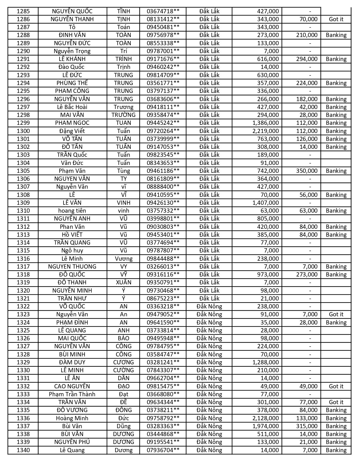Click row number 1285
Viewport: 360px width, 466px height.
pos(23,11)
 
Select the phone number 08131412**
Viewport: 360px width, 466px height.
pos(163,19)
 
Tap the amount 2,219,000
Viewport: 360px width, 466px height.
pos(264,131)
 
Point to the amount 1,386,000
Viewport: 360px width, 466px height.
pos(264,123)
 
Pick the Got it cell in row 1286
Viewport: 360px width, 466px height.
pos(336,19)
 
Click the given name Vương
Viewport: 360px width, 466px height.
pos(123,259)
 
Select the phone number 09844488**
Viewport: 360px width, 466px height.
pos(163,259)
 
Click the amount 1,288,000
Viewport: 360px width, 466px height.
pos(264,362)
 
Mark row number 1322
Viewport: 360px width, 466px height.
pos(23,306)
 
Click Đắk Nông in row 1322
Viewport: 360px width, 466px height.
pos(209,306)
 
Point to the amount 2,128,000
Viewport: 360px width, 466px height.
pos(264,418)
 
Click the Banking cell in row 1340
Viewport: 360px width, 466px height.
pos(336,450)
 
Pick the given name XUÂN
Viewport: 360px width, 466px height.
pos(123,282)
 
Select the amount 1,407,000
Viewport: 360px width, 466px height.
pos(264,203)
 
